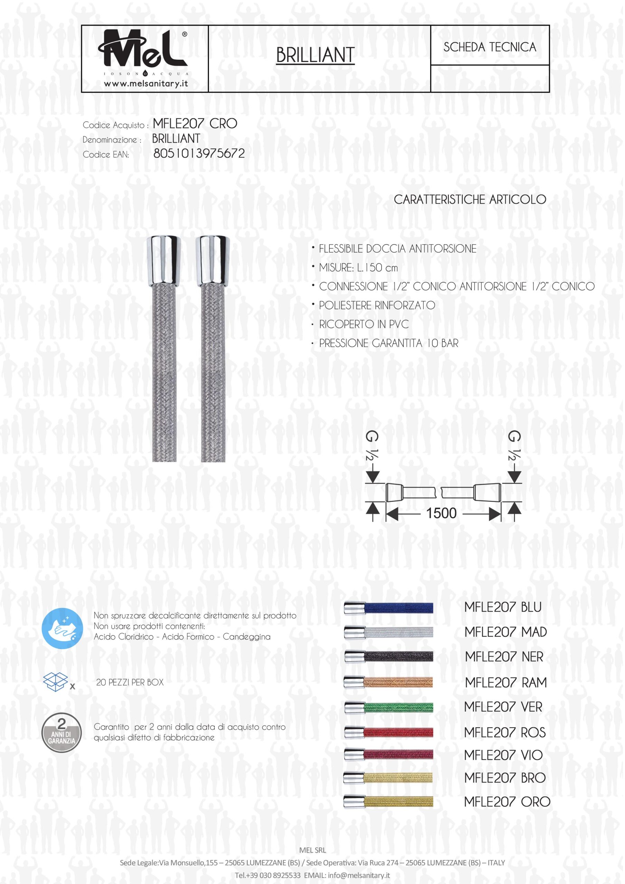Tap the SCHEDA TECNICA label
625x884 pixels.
pyautogui.click(x=489, y=47)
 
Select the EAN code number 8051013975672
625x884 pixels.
pyautogui.click(x=199, y=154)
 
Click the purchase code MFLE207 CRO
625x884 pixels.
pyautogui.click(x=195, y=124)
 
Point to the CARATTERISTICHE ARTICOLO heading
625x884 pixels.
pyautogui.click(x=469, y=200)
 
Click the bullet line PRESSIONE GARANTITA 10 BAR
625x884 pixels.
pyautogui.click(x=388, y=344)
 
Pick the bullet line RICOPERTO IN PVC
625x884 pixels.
pyautogui.click(x=364, y=324)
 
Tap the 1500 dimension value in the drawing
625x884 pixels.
pyautogui.click(x=441, y=513)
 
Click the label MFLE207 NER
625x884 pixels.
pyautogui.click(x=504, y=656)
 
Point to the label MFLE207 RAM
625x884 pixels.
pyautogui.click(x=506, y=682)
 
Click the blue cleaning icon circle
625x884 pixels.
pyautogui.click(x=62, y=629)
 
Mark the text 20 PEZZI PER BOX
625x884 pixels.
pyautogui.click(x=130, y=682)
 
